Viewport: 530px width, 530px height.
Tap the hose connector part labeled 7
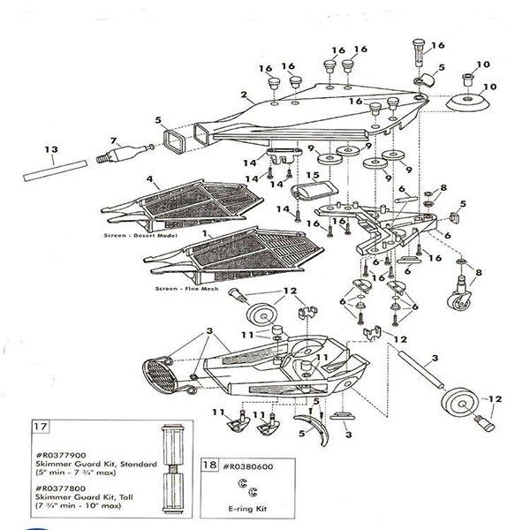click(123, 153)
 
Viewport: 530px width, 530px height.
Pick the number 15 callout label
click(311, 175)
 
